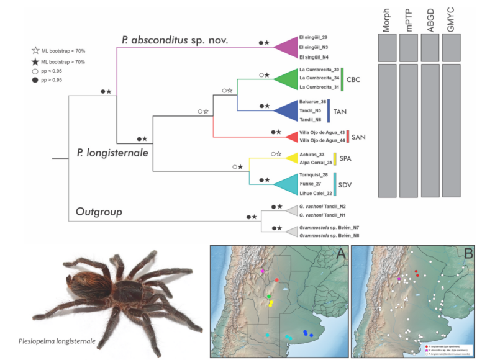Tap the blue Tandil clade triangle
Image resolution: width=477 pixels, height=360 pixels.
[x=286, y=110]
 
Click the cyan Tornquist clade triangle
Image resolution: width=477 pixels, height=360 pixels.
[x=287, y=184]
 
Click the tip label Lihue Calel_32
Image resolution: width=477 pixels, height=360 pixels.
[x=316, y=194]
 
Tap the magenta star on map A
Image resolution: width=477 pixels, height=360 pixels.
[x=263, y=272]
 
